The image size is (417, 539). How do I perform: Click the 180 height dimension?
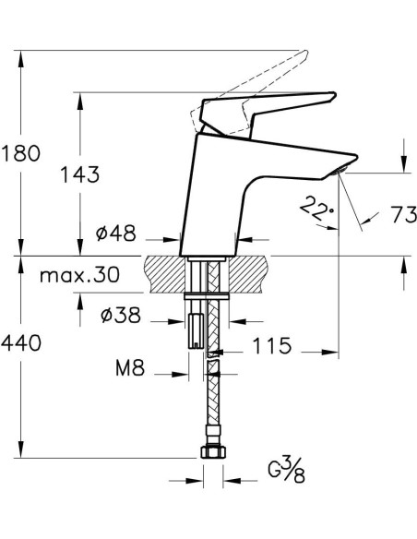[x=21, y=153]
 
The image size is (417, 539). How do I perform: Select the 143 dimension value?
[x=81, y=174]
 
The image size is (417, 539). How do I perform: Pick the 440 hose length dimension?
[x=21, y=344]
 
